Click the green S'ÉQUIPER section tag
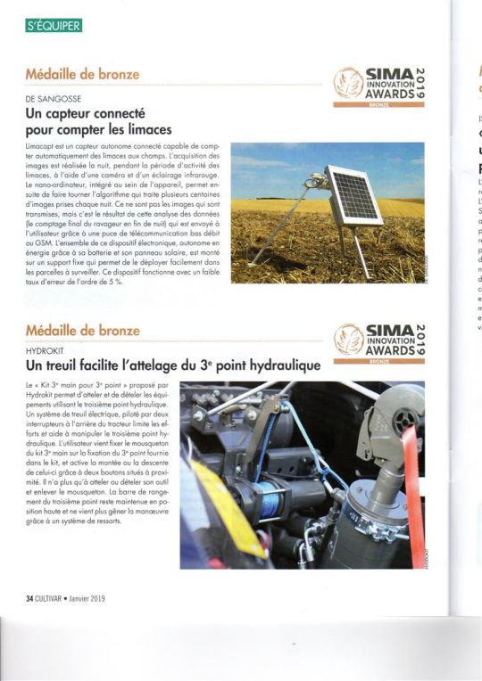pyautogui.click(x=54, y=26)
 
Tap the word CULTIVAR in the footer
pyautogui.click(x=61, y=597)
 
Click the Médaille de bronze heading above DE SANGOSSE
pyautogui.click(x=81, y=75)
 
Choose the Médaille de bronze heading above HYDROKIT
pyautogui.click(x=81, y=332)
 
